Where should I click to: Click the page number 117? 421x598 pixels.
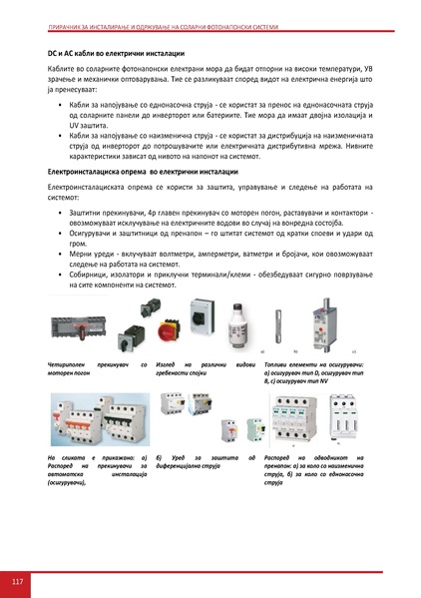pyautogui.click(x=17, y=582)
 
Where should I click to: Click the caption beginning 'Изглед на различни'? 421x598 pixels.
pyautogui.click(x=200, y=371)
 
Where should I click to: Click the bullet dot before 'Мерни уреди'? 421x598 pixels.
pyautogui.click(x=63, y=255)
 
